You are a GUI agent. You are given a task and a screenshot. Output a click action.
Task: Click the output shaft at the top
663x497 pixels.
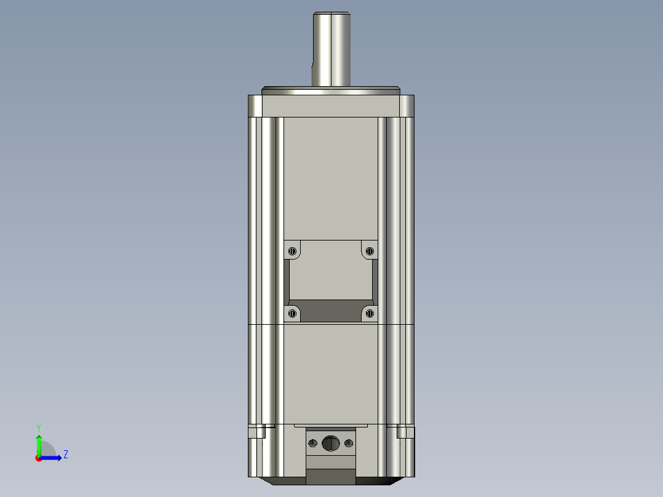click(331, 49)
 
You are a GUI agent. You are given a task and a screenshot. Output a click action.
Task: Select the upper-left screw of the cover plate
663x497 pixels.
click(292, 250)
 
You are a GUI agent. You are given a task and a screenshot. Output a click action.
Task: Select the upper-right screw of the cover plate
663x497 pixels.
click(370, 250)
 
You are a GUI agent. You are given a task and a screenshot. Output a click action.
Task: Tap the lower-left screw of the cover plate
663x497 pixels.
click(292, 314)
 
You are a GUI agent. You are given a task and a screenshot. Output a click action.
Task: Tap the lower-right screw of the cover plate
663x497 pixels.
click(370, 314)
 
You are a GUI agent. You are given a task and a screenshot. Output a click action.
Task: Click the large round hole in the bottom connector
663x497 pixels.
click(331, 443)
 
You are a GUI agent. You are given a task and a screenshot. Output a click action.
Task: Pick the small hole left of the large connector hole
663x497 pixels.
click(313, 443)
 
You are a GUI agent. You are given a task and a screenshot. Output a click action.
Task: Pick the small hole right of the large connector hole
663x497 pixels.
click(349, 443)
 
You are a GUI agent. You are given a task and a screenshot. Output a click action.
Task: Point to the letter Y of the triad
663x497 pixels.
click(38, 427)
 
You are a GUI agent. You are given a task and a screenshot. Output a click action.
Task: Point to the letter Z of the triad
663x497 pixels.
click(65, 455)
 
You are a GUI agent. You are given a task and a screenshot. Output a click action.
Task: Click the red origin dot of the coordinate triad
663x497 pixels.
click(38, 458)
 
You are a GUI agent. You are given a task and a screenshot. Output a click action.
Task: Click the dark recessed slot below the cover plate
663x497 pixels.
click(331, 311)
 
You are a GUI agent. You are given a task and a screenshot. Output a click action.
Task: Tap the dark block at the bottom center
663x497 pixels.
click(331, 477)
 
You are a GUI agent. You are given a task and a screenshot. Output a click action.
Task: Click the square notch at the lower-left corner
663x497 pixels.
click(257, 431)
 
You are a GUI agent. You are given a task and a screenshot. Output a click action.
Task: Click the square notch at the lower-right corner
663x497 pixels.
click(405, 431)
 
